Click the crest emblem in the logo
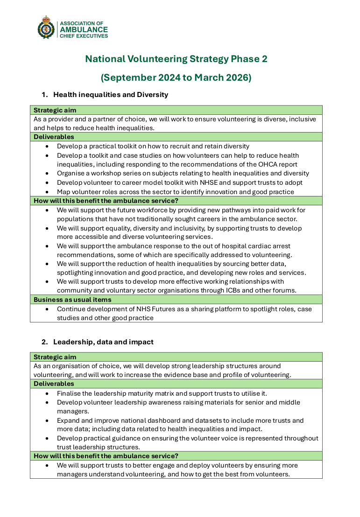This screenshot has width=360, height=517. coord(46,28)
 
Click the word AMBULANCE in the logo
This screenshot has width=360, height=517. coord(84,29)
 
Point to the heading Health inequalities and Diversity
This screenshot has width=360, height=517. coord(110,95)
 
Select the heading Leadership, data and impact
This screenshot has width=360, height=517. coord(103,342)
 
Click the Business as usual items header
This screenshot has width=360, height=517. coord(72,300)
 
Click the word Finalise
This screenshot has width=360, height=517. coord(70,393)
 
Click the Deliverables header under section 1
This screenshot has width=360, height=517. coord(54,137)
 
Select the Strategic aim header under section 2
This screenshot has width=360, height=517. coord(55,357)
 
